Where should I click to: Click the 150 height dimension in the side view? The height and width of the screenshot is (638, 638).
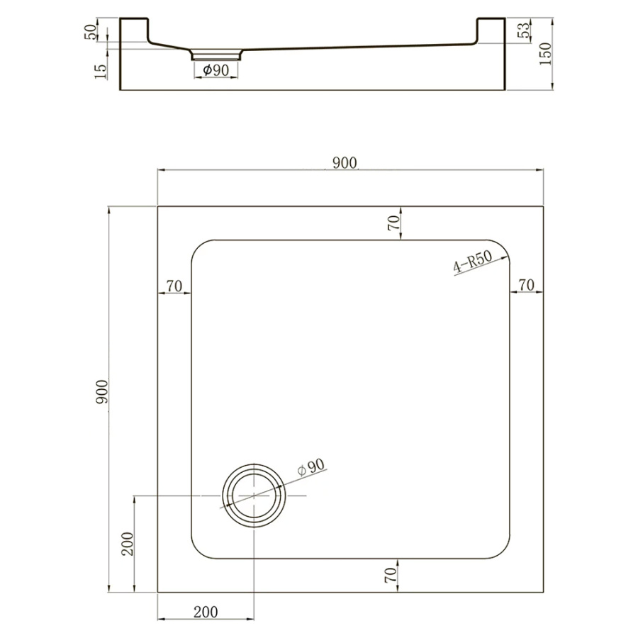click(545, 53)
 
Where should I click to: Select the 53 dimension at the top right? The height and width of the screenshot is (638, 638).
click(524, 30)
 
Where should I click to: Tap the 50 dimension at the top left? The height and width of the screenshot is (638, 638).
click(91, 32)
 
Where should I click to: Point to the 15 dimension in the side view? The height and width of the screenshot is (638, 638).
click(100, 71)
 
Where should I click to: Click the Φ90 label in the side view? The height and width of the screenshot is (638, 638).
click(216, 70)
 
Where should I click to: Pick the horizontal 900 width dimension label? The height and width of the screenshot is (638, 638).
click(345, 163)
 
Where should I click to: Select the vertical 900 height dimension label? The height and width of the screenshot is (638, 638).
click(101, 391)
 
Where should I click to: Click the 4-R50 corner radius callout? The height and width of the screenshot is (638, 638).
click(472, 261)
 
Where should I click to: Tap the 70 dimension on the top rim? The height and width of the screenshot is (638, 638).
click(393, 223)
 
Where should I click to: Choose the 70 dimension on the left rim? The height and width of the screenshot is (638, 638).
click(174, 286)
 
